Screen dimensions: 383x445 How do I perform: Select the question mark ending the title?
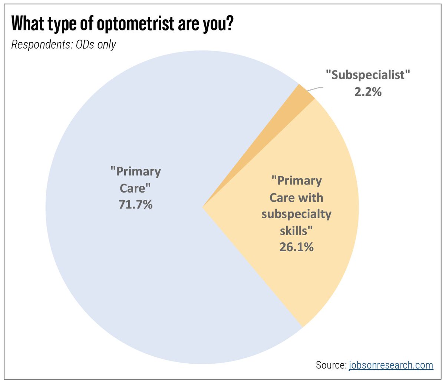pyautogui.click(x=229, y=23)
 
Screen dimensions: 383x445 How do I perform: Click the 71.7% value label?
pyautogui.click(x=135, y=204)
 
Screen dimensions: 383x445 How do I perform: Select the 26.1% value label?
pyautogui.click(x=296, y=247)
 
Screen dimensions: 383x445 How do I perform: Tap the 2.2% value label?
pyautogui.click(x=368, y=92)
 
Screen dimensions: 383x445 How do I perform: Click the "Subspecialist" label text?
pyautogui.click(x=368, y=75)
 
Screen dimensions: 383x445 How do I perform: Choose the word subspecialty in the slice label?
pyautogui.click(x=296, y=214)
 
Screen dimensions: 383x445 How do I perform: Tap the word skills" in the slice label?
pyautogui.click(x=296, y=230)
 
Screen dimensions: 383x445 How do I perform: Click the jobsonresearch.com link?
pyautogui.click(x=391, y=365)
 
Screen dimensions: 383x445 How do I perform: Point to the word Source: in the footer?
pyautogui.click(x=331, y=365)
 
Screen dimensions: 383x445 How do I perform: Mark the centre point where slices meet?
pyautogui.click(x=202, y=207)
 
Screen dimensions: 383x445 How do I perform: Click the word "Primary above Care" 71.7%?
pyautogui.click(x=135, y=172)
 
